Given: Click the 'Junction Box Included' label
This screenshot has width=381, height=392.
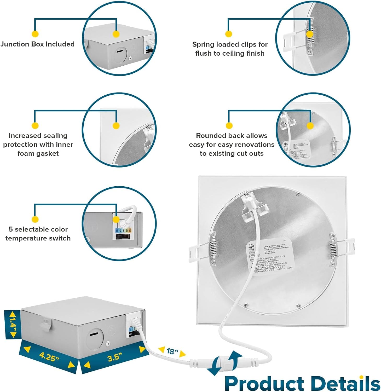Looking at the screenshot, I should coord(37,44).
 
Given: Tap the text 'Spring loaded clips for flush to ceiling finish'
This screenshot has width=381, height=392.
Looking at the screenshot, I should coord(230,49).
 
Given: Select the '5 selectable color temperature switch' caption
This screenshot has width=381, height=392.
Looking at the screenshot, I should coord(38,234).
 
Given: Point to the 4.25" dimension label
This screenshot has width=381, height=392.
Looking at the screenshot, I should coord(49,356).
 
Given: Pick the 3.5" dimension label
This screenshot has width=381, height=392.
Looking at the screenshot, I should coord(115,357).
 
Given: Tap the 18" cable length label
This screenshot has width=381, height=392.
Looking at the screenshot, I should coord(172,351).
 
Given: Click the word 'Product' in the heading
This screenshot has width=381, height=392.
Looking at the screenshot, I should coord(264,383).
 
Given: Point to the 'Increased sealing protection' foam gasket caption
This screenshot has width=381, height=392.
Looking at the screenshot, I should coord(38,145).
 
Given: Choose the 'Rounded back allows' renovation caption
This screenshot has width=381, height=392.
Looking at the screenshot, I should coord(232,145).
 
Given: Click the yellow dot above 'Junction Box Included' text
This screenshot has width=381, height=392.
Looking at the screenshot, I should coord(35,34).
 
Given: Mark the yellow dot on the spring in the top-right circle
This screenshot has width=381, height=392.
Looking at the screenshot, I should coord(309,34).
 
